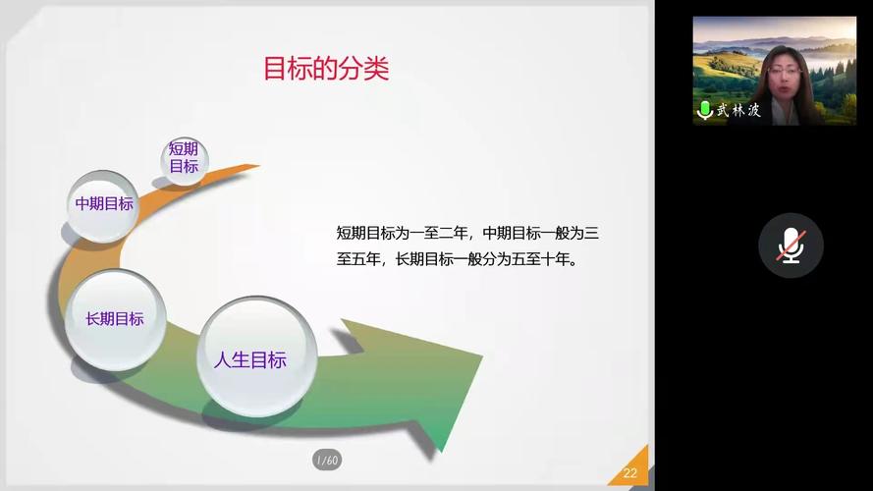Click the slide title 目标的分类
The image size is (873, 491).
(x=326, y=69)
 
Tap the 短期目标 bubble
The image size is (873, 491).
(x=184, y=158)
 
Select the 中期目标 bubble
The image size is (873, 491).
(x=104, y=204)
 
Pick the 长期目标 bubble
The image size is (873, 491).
(x=114, y=319)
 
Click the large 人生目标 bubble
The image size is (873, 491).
(x=250, y=359)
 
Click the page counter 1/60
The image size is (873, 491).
(x=326, y=460)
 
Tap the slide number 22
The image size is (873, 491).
(x=629, y=473)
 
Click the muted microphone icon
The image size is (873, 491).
(x=791, y=245)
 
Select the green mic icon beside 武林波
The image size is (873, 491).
(x=704, y=110)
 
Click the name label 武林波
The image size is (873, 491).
(x=738, y=110)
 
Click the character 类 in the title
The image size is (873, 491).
(x=377, y=69)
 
